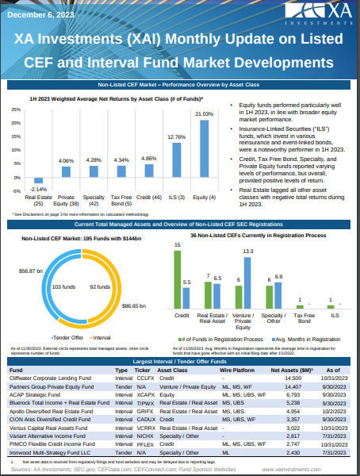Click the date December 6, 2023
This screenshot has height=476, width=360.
[44, 13]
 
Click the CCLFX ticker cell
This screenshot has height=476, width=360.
[146, 378]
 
